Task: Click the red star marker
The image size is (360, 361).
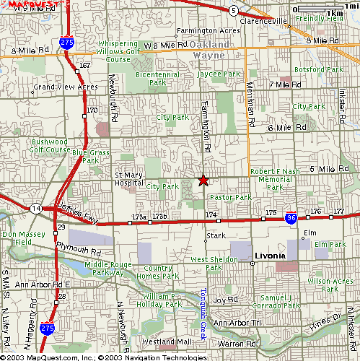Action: pyautogui.click(x=203, y=180)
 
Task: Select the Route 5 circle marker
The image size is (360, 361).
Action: pyautogui.click(x=233, y=10)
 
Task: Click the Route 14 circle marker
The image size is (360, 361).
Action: pyautogui.click(x=35, y=208)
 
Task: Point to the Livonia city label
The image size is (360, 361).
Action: pyautogui.click(x=271, y=256)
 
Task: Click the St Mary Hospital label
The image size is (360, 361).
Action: pyautogui.click(x=130, y=179)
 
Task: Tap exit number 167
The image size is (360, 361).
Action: pyautogui.click(x=84, y=66)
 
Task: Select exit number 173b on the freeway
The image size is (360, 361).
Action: pyautogui.click(x=159, y=216)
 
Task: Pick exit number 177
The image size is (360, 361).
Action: pyautogui.click(x=338, y=211)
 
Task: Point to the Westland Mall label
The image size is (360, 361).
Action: pyautogui.click(x=167, y=341)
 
